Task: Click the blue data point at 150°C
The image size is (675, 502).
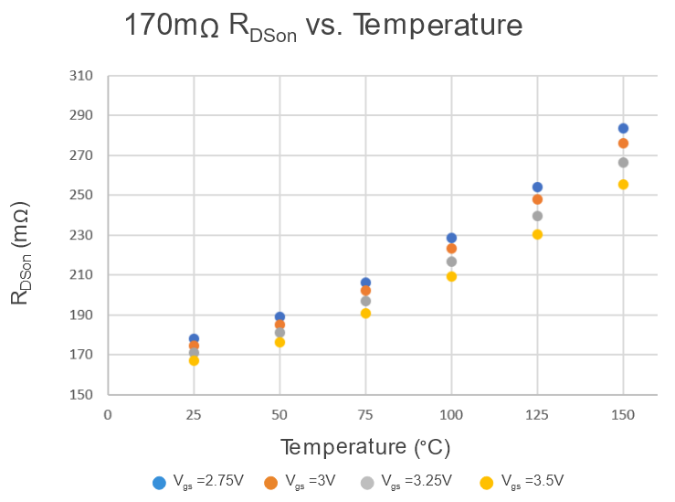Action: (623, 128)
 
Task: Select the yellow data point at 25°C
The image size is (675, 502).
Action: (194, 360)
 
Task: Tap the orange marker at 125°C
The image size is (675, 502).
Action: (537, 199)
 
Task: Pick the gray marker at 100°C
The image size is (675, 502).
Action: (451, 262)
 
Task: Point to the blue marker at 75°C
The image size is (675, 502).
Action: (365, 283)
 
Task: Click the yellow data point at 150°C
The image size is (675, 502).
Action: (623, 185)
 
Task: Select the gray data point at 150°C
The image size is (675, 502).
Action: (623, 163)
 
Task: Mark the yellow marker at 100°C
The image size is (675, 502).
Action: (451, 276)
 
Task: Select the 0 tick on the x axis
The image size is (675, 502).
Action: (108, 415)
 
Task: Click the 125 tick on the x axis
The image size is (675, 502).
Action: (537, 415)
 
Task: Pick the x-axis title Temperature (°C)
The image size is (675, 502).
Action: (364, 447)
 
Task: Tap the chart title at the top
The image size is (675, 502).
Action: (324, 26)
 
